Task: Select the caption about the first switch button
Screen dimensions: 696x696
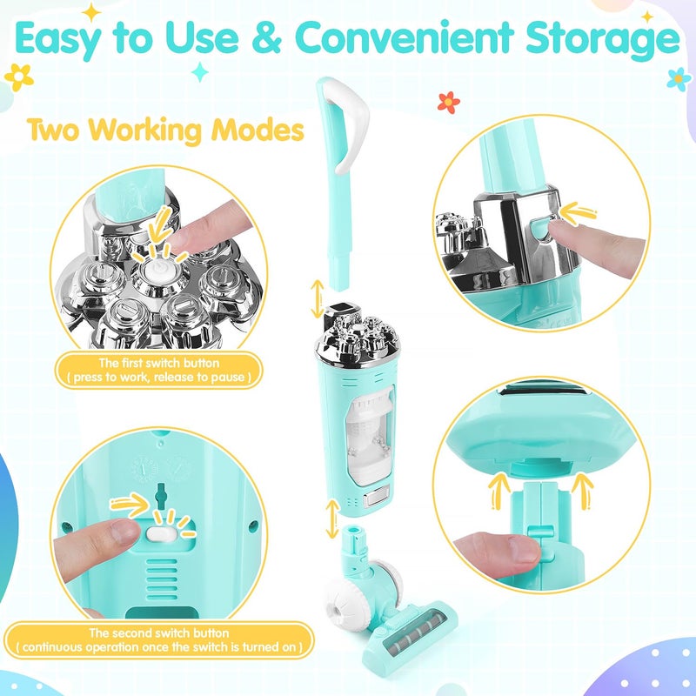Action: (x=158, y=370)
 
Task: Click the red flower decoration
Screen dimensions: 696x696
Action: (x=448, y=102)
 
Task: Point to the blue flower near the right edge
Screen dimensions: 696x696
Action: (x=678, y=78)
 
